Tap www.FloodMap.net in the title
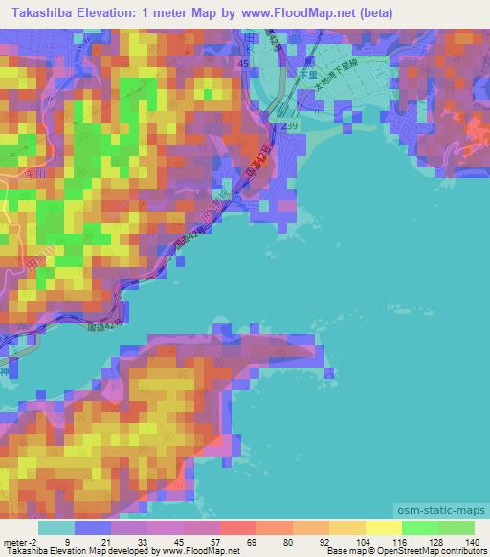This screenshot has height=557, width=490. click(288, 14)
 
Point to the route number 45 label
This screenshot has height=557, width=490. click(243, 63)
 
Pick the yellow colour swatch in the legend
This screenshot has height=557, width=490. click(383, 527)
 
